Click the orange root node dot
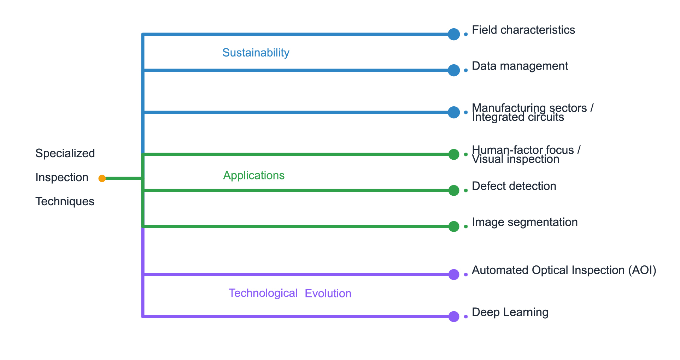(x=102, y=178)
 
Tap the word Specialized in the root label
(x=65, y=153)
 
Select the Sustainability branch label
(x=256, y=53)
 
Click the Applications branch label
(x=253, y=176)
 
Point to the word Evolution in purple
(x=328, y=294)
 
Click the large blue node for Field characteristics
(x=453, y=34)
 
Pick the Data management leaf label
(x=520, y=66)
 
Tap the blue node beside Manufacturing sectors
(x=453, y=112)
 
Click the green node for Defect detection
(x=453, y=190)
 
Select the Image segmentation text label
(x=524, y=222)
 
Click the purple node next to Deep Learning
(x=453, y=317)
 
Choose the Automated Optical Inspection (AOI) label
(x=564, y=270)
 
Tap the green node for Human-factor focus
(x=453, y=154)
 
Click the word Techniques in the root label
(x=65, y=201)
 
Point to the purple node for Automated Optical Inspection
(x=453, y=275)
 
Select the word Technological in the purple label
(x=263, y=293)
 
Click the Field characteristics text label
(x=523, y=30)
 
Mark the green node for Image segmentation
(x=453, y=226)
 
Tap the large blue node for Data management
(x=453, y=70)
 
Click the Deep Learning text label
(x=510, y=312)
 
